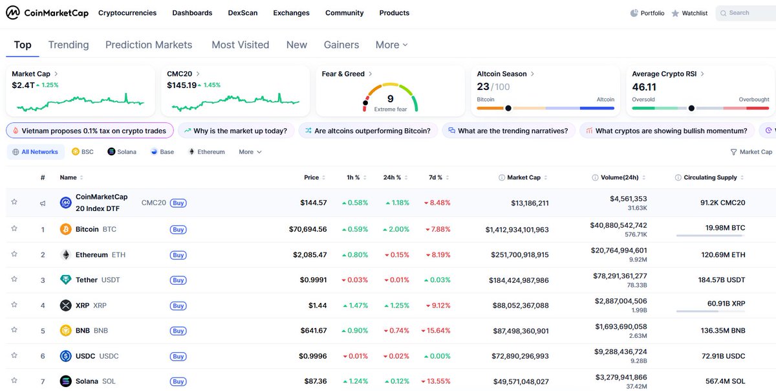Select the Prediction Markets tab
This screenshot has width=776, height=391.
coord(149,45)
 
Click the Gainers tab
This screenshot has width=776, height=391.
coord(341,45)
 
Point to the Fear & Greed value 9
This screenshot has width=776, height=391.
coord(390,98)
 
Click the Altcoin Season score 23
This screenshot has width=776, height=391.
coord(483,87)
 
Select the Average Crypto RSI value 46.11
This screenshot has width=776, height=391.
coord(644,87)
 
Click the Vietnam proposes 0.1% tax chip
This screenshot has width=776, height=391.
coord(90,131)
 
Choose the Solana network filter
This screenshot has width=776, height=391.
coord(122,152)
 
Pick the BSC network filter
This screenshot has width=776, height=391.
coord(83,152)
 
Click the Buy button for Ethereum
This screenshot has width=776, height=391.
coord(178,255)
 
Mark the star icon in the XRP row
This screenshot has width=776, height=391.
coord(14,305)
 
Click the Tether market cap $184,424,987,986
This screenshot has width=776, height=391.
coord(519,280)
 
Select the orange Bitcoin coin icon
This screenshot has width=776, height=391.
coord(65,229)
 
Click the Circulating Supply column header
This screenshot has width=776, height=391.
coord(709,177)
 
